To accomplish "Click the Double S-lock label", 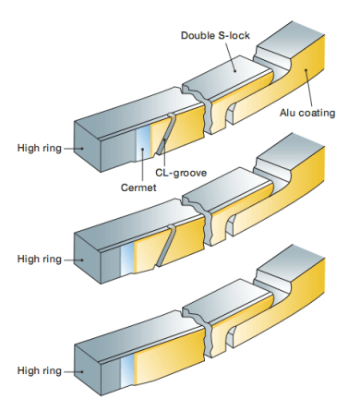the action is (x=215, y=35).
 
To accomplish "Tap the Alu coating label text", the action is (x=307, y=113).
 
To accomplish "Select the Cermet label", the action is (x=138, y=187).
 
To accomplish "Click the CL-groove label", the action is (x=181, y=173).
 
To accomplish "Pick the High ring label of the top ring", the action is (x=40, y=148).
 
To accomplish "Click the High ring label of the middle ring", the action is (x=40, y=259).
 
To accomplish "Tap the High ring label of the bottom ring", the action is (x=40, y=370).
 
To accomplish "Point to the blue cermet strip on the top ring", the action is (x=143, y=141).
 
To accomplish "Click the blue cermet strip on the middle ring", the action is (x=127, y=258).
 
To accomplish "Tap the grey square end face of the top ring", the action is (x=88, y=147).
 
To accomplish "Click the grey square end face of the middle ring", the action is (x=88, y=258).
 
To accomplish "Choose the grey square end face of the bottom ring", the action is (x=88, y=369).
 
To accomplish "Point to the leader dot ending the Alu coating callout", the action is (x=306, y=70).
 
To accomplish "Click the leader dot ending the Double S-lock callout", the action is (x=235, y=71).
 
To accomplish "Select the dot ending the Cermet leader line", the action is (x=142, y=150).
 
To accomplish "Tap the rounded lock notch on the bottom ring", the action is (x=230, y=336).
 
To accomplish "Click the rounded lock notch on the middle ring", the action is (x=230, y=224).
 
